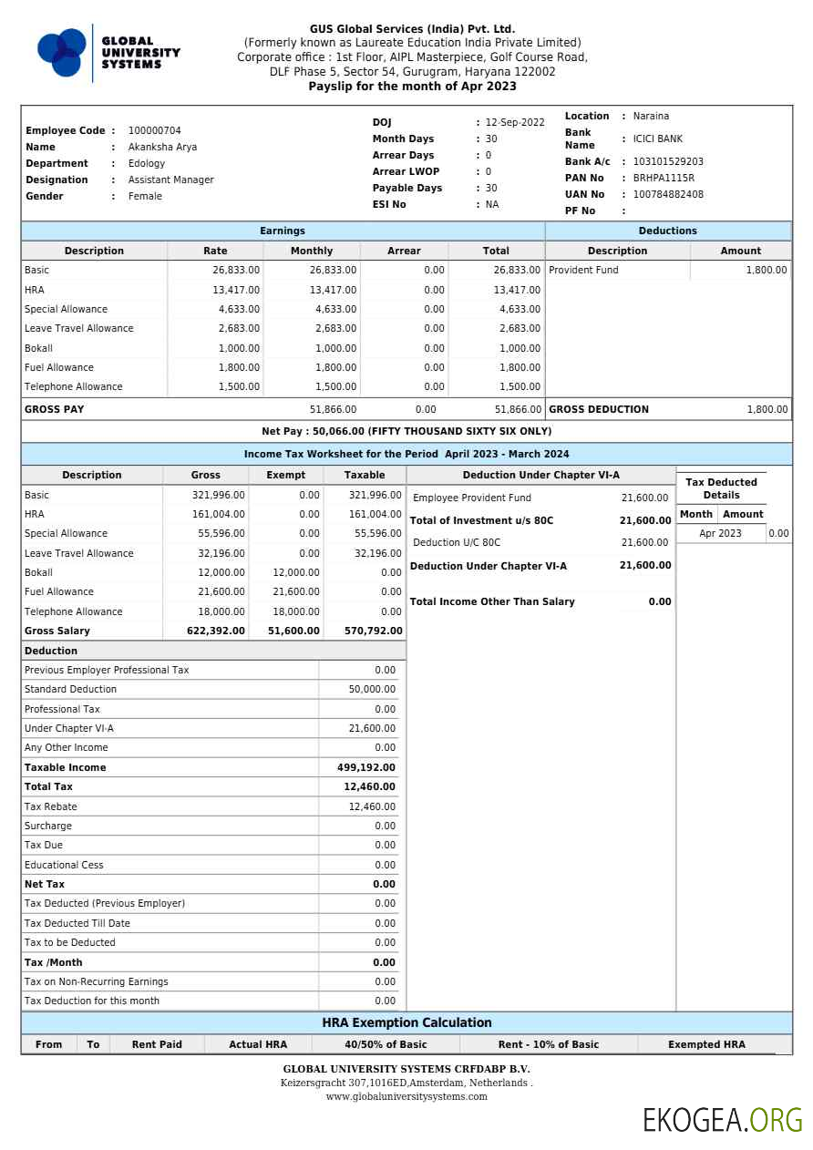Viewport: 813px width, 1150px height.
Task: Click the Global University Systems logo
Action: click(108, 53)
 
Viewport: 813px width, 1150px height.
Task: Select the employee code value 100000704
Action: click(154, 130)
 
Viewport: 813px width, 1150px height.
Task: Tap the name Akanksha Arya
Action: click(162, 147)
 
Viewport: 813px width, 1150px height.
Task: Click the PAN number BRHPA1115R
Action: click(664, 178)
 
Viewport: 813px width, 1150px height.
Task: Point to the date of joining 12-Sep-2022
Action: click(514, 122)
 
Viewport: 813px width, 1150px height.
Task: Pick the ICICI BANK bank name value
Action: click(657, 139)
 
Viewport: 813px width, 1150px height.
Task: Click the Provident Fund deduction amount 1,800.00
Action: click(766, 270)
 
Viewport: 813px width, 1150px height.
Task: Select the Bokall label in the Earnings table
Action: click(38, 348)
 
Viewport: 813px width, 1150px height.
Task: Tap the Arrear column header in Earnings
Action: click(404, 251)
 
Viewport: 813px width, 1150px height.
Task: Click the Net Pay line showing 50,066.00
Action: click(406, 431)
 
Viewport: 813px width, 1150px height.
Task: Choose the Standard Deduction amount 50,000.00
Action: click(372, 689)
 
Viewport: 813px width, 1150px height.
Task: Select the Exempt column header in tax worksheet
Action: click(285, 475)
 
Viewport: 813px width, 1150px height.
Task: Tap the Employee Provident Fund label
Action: click(471, 498)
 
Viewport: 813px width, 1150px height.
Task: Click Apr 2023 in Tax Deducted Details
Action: click(720, 533)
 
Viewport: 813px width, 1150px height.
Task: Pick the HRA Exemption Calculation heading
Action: click(406, 1022)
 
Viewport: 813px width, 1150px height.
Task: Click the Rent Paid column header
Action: click(157, 1044)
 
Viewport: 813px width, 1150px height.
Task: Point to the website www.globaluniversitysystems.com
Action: click(406, 1096)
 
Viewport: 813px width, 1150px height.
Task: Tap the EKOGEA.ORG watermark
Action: click(722, 1119)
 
